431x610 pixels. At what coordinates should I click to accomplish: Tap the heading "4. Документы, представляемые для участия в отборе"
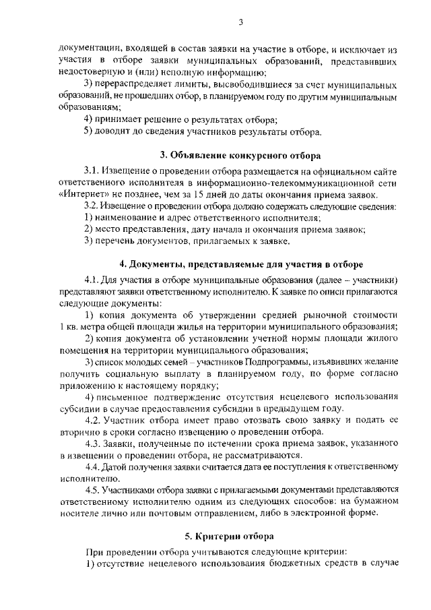coord(240,264)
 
